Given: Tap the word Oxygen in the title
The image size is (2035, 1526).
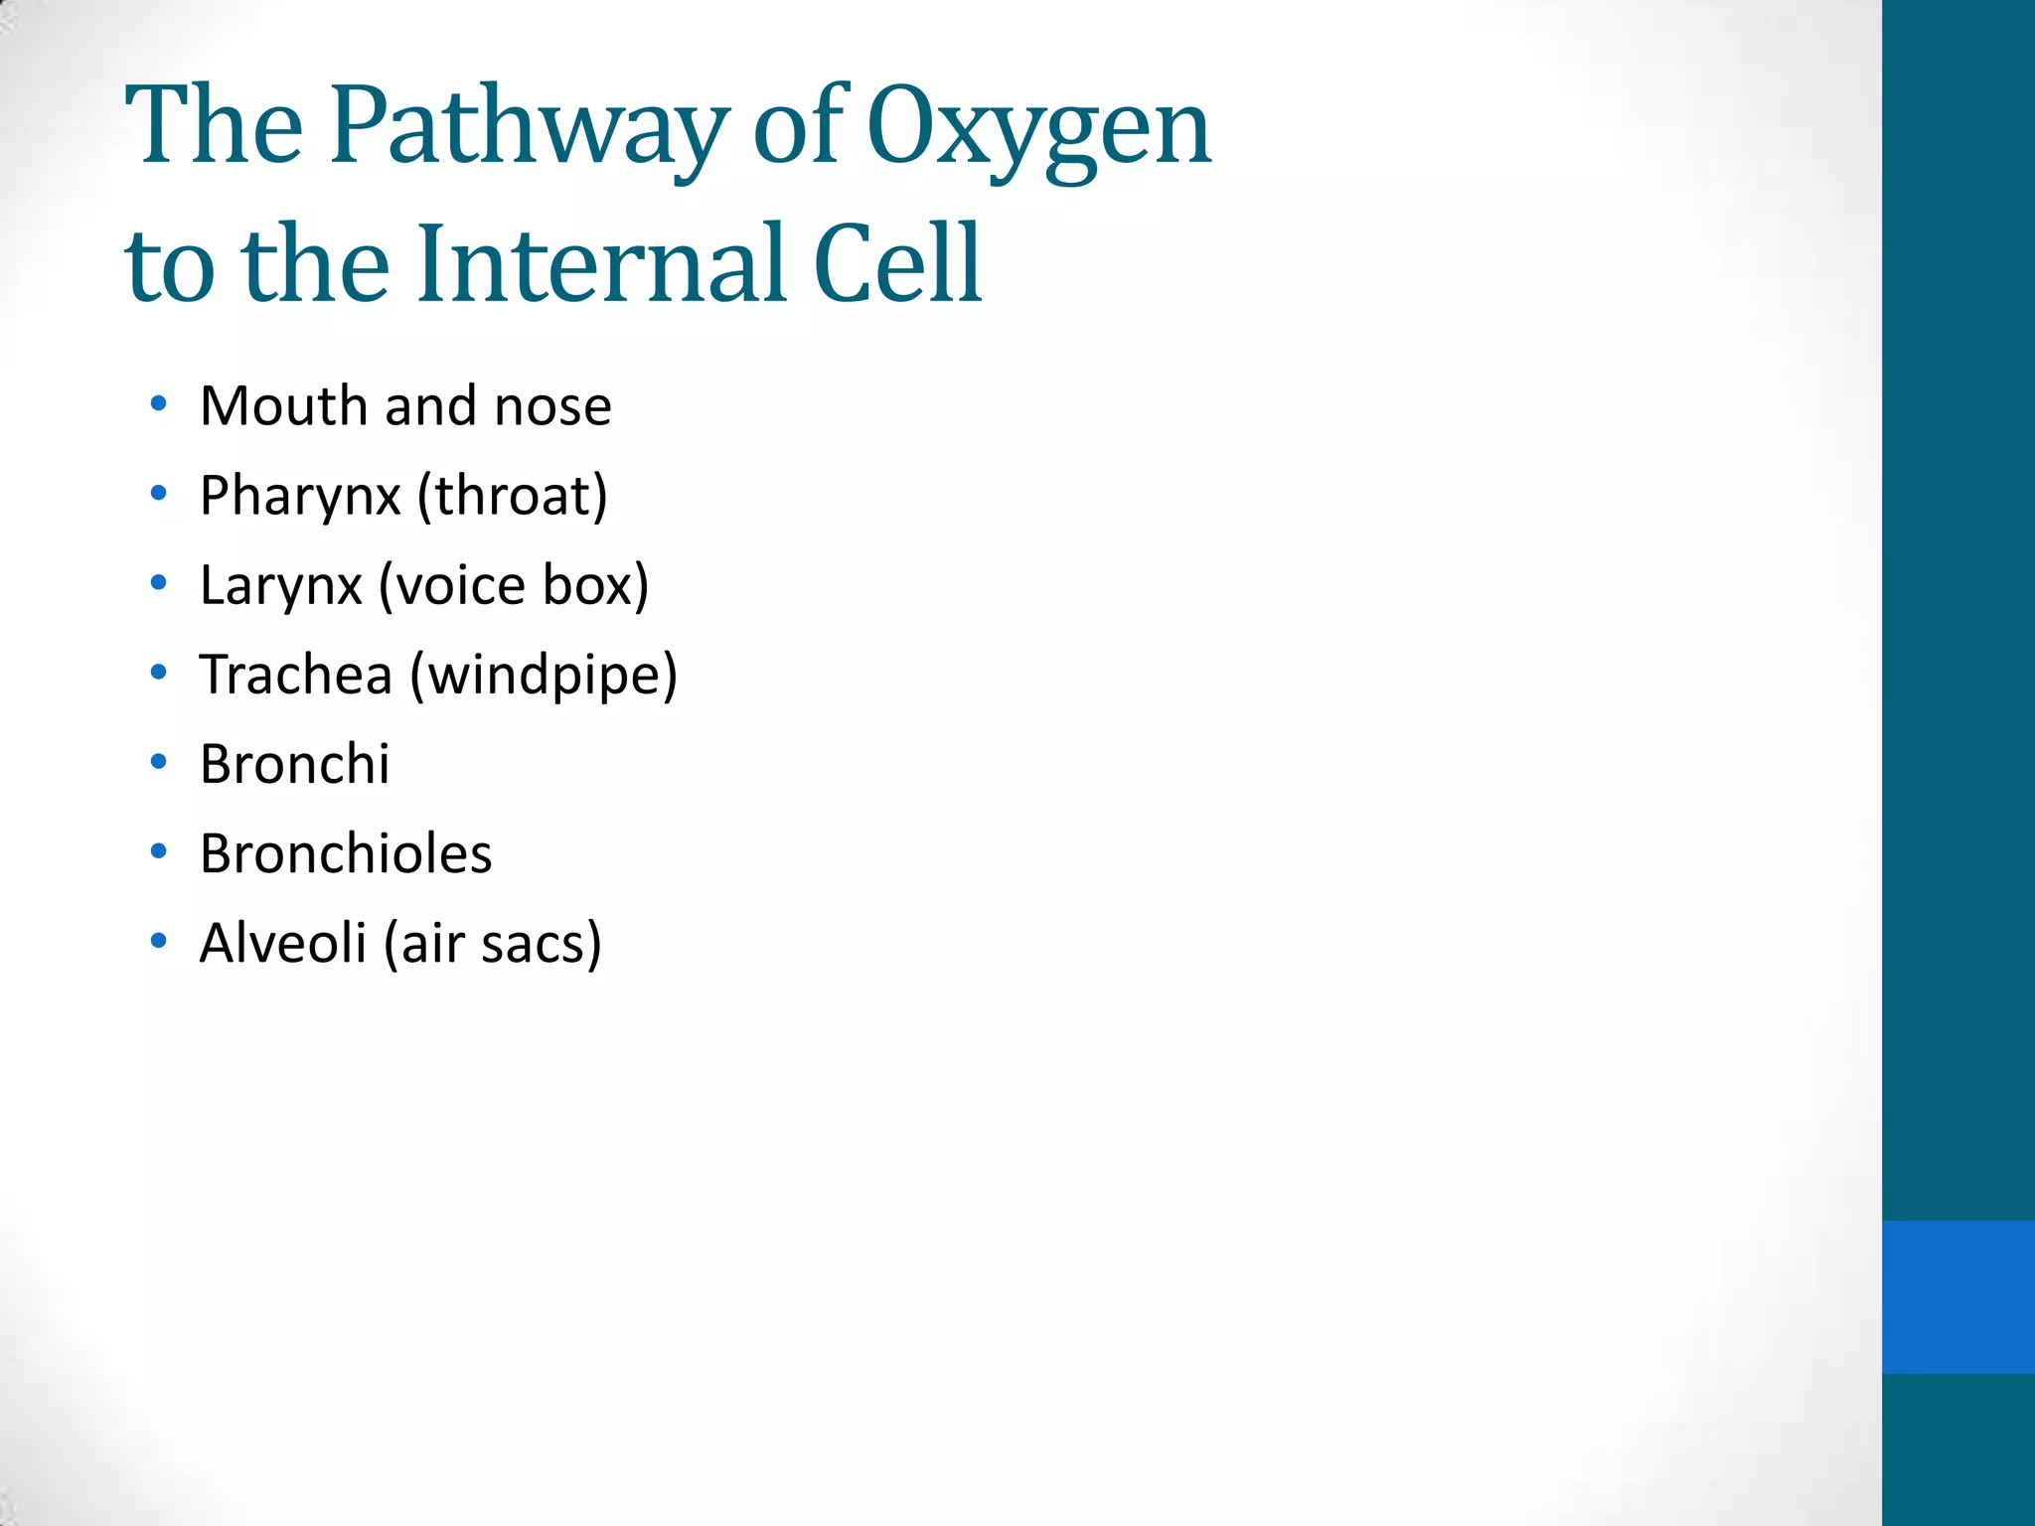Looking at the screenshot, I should tap(1038, 127).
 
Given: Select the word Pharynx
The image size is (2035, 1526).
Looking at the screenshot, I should tap(300, 496).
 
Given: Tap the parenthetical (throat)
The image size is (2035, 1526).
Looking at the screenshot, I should tap(512, 496).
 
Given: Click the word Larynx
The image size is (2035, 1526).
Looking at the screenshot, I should tap(281, 585).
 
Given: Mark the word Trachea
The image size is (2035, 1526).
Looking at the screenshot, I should tap(296, 675).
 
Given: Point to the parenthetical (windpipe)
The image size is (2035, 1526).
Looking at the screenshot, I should tap(544, 676).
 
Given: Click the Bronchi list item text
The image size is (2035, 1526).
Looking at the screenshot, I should tap(295, 764).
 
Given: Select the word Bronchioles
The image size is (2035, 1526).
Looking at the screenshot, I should tap(346, 853).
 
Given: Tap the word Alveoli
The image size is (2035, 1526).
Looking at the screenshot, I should tap(283, 943).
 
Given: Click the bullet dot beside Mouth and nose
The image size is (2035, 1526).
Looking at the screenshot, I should tap(159, 404).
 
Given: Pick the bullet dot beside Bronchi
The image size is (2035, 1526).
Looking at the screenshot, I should tap(159, 762).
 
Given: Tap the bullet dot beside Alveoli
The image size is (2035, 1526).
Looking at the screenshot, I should tap(159, 941).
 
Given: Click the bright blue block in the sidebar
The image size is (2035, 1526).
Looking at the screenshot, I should tap(1957, 1297).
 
